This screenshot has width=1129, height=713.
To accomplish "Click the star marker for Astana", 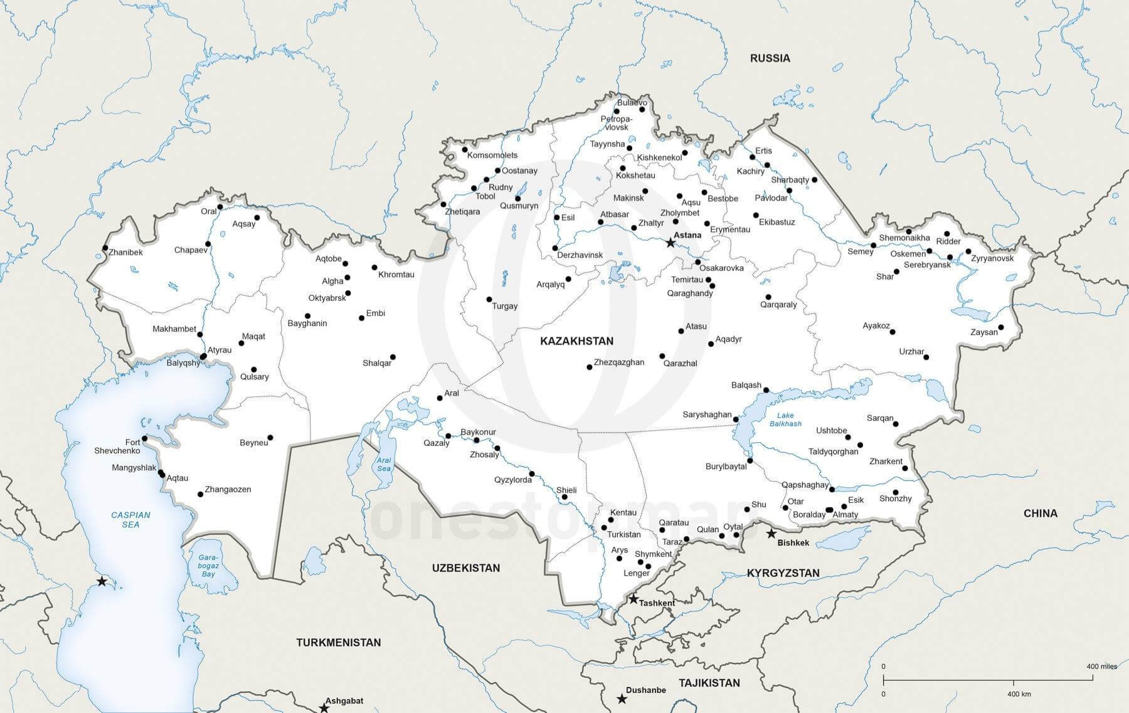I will point(671,242).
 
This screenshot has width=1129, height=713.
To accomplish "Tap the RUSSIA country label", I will point(770,58).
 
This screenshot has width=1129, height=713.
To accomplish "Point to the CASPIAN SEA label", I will point(130,519).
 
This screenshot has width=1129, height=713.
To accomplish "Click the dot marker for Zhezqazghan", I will point(590,367).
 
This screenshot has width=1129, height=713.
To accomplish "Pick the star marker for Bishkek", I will point(771,534).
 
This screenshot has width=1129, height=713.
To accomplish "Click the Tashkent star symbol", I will point(633,599).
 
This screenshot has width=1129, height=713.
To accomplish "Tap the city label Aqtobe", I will point(328,258).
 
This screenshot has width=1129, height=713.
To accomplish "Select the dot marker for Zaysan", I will point(1001,327).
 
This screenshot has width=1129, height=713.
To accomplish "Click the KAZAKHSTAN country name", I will point(576,341).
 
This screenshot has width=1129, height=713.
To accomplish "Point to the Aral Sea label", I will point(384,464).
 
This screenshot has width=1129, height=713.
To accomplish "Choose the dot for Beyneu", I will point(270,437).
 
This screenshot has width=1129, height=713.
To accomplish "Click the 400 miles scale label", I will point(1101,666).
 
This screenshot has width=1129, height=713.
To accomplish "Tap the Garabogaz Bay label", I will point(208,565).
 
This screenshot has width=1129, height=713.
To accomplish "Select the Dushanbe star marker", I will point(622,699).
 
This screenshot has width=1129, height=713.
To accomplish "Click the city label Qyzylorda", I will point(512,480).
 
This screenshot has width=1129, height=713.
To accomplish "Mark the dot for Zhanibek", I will point(105,248).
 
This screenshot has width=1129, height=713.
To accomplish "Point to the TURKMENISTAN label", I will point(339,642).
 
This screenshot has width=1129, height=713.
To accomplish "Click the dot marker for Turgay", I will point(489,300).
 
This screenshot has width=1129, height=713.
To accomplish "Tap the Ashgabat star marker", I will point(324,708).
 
